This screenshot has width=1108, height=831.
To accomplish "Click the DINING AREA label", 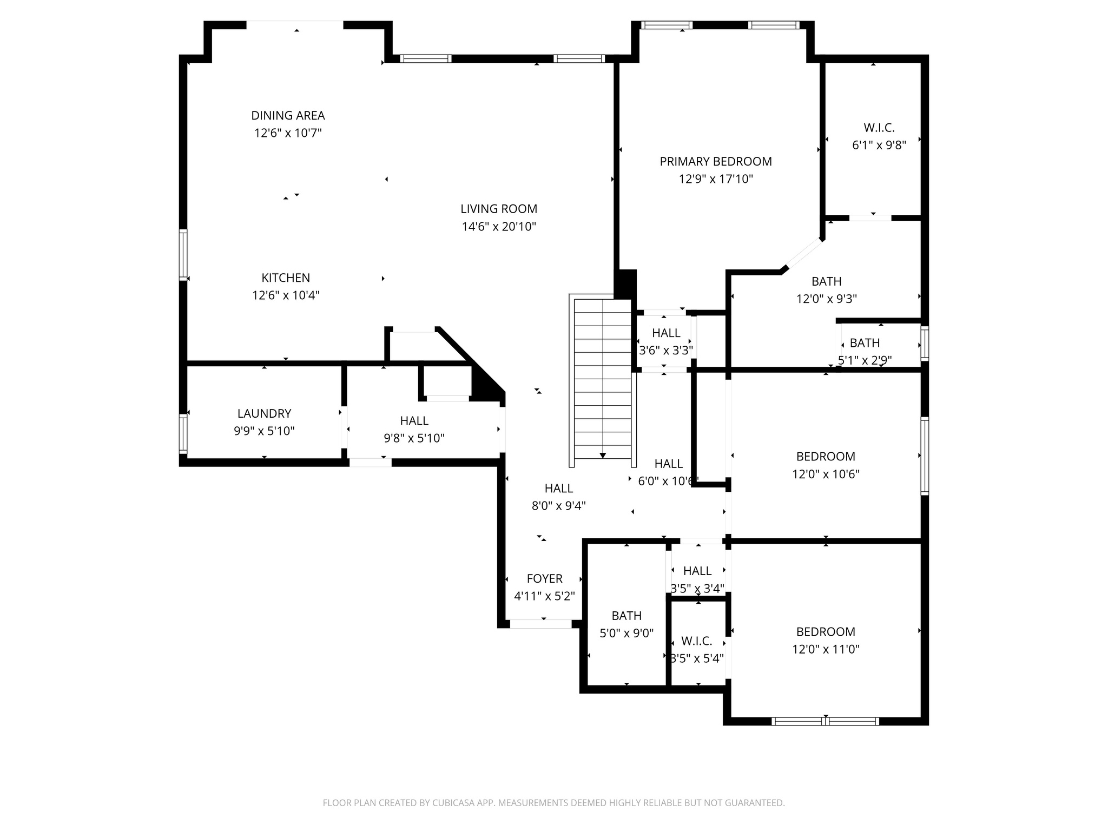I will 288,115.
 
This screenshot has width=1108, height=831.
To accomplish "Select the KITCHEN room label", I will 286,278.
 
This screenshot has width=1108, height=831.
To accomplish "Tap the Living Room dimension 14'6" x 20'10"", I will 499,227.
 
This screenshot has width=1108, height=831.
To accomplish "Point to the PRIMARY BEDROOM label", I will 715,161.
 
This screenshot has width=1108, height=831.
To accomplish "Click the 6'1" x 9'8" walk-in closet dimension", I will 879,145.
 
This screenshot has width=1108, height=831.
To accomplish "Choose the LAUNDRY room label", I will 264,413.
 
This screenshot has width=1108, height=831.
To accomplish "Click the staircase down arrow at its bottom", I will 603,456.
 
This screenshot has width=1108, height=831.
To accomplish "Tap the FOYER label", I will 544,578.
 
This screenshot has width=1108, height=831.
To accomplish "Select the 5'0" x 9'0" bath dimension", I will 626,633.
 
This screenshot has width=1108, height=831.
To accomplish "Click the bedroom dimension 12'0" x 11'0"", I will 826,649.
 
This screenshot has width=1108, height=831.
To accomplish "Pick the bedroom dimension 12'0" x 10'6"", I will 826,474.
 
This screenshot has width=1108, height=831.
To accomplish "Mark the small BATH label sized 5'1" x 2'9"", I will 865,342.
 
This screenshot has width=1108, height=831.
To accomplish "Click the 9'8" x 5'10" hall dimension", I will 414,438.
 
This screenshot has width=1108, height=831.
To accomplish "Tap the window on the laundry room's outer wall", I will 183,433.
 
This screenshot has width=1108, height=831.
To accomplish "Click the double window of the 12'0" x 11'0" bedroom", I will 825,721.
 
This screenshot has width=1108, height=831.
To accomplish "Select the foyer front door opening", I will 540,624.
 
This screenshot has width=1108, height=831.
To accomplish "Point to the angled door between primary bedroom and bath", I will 803,253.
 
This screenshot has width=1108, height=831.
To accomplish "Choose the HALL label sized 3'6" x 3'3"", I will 666,333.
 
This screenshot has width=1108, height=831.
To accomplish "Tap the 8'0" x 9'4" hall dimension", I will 558,506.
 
